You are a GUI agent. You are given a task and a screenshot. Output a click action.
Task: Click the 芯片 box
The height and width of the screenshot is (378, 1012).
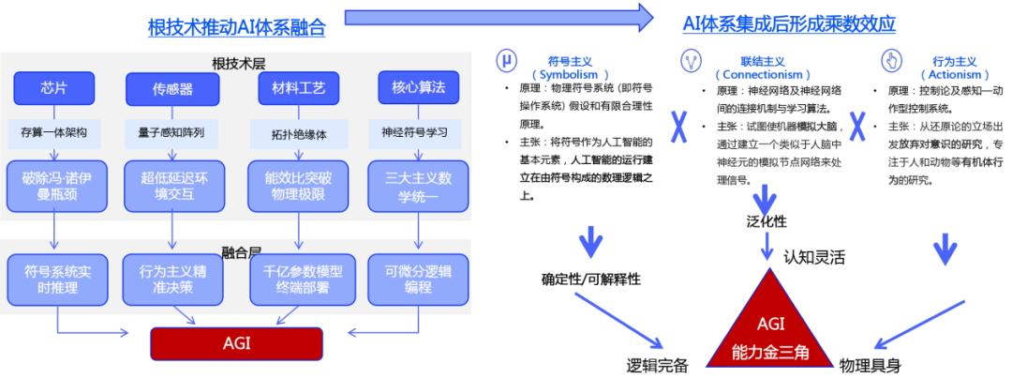tap(54, 89)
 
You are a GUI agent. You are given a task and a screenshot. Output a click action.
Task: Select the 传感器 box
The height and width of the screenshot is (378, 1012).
tap(172, 90)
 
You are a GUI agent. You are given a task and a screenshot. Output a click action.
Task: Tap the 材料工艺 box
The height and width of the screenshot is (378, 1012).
tap(298, 89)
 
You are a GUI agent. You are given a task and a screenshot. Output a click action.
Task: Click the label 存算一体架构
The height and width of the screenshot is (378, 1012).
tap(54, 132)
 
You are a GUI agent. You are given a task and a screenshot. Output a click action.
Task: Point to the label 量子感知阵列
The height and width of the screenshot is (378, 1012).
tap(171, 132)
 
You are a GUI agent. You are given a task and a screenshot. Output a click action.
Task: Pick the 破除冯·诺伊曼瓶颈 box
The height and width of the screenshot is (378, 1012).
tap(53, 186)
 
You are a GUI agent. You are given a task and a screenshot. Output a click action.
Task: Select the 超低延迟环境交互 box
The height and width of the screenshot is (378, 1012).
tap(172, 186)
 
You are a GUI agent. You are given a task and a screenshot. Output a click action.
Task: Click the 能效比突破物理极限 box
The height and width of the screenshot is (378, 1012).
tap(298, 186)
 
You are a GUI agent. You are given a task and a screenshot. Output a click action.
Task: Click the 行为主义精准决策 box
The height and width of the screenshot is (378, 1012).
tap(172, 280)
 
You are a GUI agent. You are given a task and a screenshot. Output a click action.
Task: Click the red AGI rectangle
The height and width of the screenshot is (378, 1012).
tap(236, 343)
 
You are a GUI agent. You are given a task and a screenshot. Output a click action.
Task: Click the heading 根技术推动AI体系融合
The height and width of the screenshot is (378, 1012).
tap(236, 27)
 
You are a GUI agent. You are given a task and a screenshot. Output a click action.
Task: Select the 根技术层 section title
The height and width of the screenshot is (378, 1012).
tap(240, 63)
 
